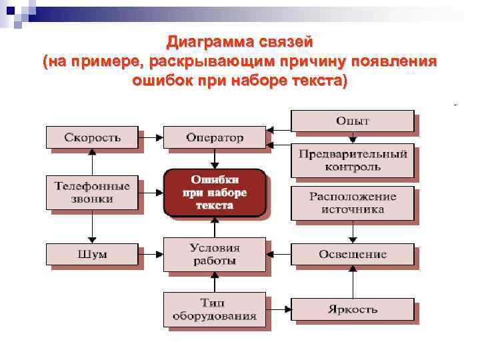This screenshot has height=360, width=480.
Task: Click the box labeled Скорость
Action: (x=92, y=138)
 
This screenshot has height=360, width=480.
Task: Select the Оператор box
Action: (x=214, y=138)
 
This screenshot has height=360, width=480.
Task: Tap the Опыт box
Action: (x=352, y=121)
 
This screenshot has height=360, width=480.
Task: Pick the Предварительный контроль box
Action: (x=352, y=160)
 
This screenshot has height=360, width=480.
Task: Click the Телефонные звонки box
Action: (x=92, y=192)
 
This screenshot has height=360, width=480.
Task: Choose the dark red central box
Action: (x=214, y=192)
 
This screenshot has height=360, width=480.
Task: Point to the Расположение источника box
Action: (x=352, y=203)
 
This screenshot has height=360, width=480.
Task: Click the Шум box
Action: (x=92, y=254)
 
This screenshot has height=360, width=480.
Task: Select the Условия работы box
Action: (x=214, y=254)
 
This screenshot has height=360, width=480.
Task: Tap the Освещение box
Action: (x=352, y=254)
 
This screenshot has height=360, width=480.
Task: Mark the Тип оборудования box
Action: (x=214, y=309)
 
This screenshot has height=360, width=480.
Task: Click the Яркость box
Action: (x=352, y=309)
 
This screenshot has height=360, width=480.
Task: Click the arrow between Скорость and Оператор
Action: (x=151, y=138)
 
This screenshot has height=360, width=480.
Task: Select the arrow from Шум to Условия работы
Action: (x=151, y=254)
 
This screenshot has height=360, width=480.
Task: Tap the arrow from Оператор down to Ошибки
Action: (x=214, y=158)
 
